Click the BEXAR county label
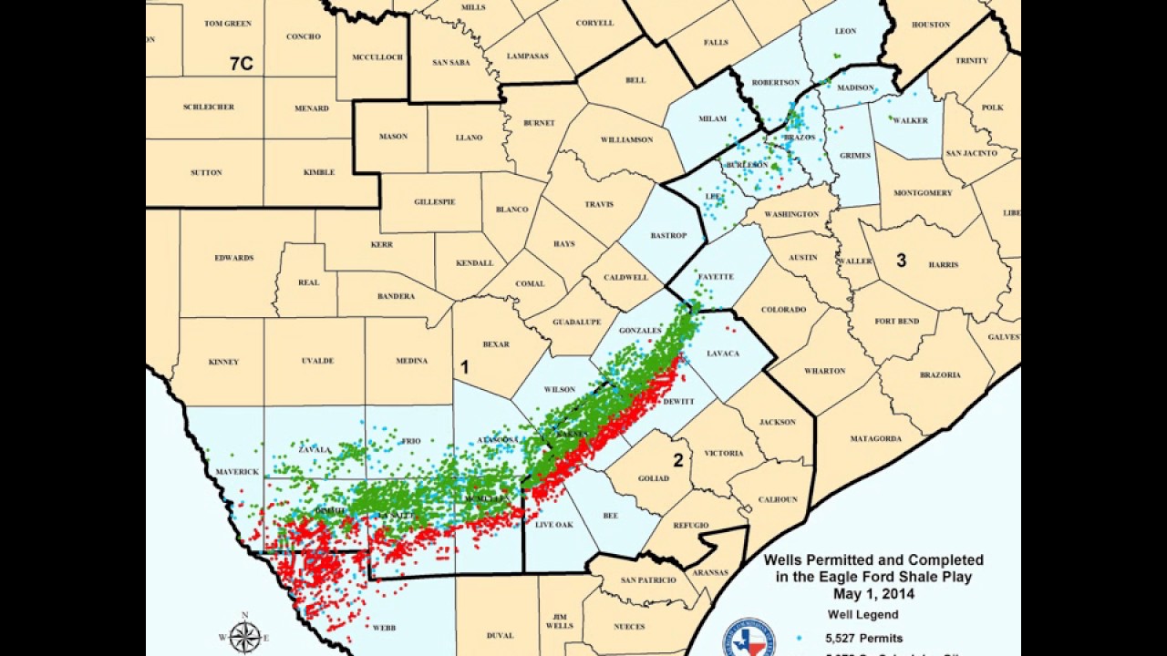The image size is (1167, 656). pos(496,344)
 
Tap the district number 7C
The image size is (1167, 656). pos(242,64)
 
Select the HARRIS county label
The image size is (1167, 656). pos(944,265)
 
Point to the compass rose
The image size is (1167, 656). pos(245,635)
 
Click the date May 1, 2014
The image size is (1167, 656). pos(873,594)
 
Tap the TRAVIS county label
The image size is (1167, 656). pos(599,205)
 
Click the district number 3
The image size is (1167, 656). pos(901,261)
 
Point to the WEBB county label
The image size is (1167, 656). pos(384,627)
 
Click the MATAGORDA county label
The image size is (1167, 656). pos(876,438)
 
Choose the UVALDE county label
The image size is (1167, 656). pos(317,361)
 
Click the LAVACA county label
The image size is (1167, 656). pos(723,354)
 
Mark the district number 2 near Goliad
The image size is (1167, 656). pos(678,460)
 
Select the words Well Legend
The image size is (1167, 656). pos(862,615)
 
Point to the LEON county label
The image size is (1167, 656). pos(845,31)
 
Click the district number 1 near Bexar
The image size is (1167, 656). pos(464,368)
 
